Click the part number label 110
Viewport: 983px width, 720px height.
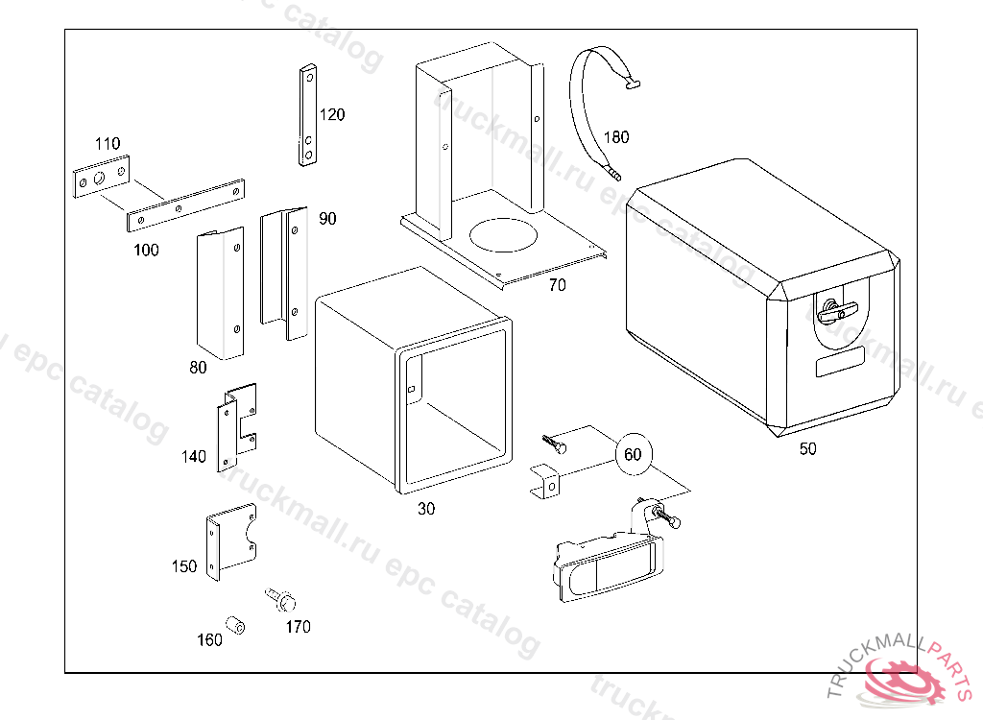107,144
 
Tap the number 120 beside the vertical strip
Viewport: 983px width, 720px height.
332,115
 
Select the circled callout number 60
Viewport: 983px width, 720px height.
633,454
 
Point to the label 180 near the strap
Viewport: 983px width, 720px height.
615,137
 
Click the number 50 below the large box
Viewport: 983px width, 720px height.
807,448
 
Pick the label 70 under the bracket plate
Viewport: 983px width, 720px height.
557,285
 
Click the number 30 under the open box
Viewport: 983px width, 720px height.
425,509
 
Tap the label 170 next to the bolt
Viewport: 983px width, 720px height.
298,627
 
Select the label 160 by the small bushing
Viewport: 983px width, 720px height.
209,639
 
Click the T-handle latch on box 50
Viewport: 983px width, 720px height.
835,311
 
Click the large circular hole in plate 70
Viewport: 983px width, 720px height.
505,234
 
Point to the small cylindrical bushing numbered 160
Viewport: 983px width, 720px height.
235,626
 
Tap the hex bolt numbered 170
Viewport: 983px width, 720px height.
281,600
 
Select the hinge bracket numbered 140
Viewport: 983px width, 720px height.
236,427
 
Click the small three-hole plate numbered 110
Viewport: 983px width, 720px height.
101,180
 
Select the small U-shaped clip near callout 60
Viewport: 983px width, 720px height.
546,482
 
